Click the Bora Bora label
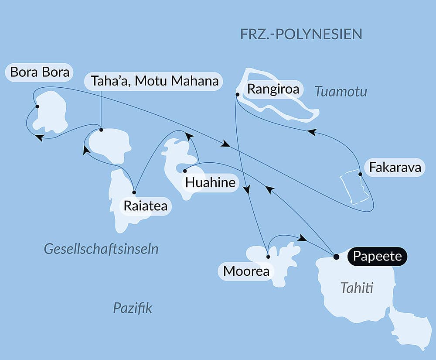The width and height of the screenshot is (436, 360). [40, 72]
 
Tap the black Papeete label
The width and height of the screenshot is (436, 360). [377, 256]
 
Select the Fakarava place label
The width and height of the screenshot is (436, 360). [395, 168]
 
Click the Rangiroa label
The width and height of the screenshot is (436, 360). [273, 89]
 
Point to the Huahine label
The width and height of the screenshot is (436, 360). [210, 182]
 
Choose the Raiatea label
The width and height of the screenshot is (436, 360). [145, 206]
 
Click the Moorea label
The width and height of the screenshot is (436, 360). [246, 271]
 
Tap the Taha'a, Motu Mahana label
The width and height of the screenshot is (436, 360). [154, 81]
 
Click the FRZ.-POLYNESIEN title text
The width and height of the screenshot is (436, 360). [301, 34]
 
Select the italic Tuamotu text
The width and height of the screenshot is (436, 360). [341, 92]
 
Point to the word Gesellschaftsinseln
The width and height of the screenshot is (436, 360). [101, 249]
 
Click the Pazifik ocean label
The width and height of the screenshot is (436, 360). [133, 308]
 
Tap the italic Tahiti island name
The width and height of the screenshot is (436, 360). [357, 288]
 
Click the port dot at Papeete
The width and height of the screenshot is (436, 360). [336, 257]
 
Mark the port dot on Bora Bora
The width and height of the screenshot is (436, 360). [37, 106]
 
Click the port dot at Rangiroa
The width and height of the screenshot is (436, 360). [237, 94]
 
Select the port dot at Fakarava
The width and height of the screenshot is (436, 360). [360, 174]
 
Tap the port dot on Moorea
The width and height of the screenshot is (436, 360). [268, 257]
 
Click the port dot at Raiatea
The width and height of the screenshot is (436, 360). [134, 192]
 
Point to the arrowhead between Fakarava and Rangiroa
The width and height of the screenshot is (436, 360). [311, 131]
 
